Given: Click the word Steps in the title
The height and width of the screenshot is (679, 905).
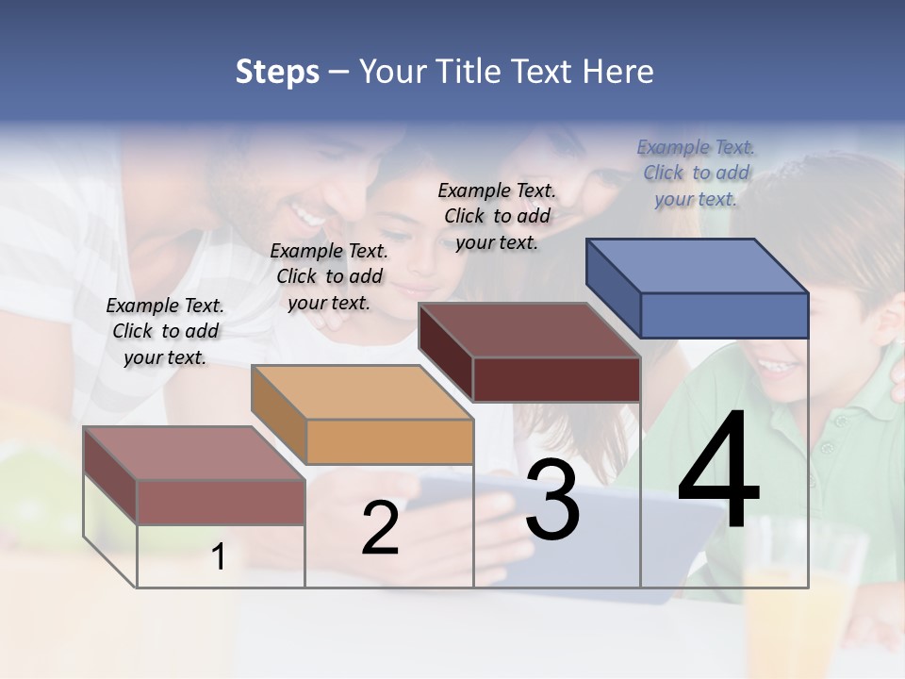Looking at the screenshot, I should [277, 72].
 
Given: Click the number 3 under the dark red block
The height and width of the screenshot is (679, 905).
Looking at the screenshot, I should [552, 500].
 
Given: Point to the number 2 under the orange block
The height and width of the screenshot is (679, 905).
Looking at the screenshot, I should [380, 528].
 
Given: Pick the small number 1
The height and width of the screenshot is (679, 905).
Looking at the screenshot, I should [218, 556].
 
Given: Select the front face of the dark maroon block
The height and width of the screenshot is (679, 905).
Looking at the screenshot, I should [556, 379].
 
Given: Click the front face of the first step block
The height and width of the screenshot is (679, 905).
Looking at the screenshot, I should [221, 502].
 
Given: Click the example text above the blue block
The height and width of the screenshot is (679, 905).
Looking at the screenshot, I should [696, 173].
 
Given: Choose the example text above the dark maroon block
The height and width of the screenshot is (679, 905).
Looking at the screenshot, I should [497, 216].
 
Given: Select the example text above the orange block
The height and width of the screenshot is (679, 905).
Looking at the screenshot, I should [329, 276].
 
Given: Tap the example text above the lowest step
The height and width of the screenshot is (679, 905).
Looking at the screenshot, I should [165, 331].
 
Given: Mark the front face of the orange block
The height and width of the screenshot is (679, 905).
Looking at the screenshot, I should [389, 441].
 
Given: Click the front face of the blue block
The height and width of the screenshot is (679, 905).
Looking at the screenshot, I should [724, 315].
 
